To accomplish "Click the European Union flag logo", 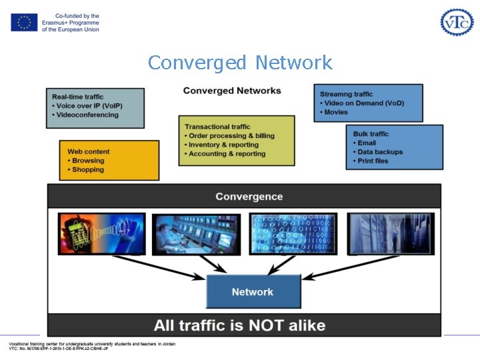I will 24,22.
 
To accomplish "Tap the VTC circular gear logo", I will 457,22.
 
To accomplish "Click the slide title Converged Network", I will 240,63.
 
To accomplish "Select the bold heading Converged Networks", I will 232,91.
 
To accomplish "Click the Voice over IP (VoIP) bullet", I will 89,106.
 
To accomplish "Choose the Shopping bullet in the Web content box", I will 88,169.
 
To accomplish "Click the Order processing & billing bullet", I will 231,136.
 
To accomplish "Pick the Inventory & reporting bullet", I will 223,145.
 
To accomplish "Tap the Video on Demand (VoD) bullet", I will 364,103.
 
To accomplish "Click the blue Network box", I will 253,291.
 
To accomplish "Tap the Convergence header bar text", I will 249,197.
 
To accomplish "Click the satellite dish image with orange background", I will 101,233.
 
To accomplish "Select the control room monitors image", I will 196,234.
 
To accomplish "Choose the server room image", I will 391,233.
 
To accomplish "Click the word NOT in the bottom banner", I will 267,326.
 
